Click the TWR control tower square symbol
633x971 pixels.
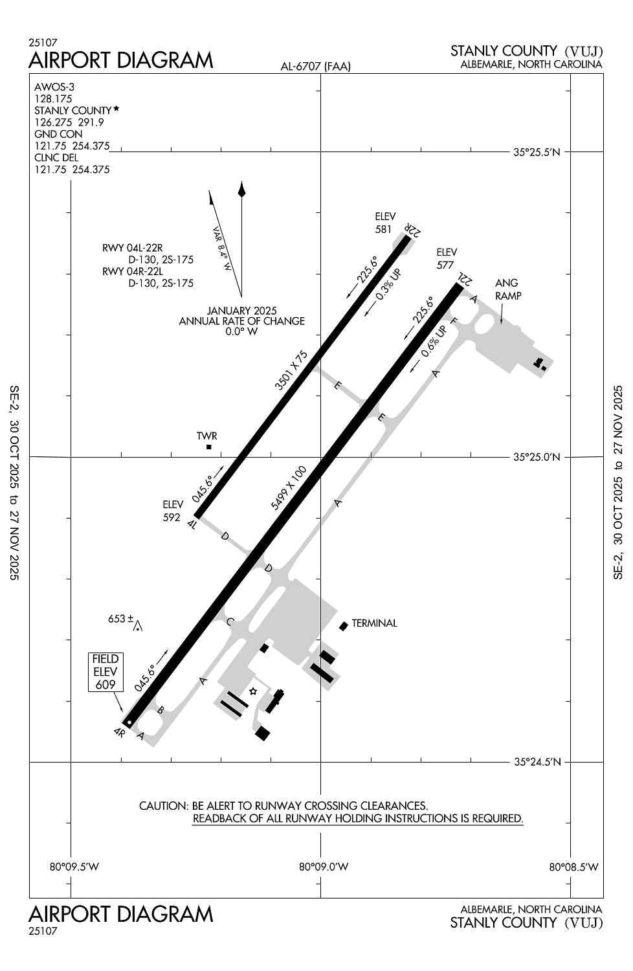(x=208, y=447)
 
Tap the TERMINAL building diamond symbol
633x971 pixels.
(x=344, y=625)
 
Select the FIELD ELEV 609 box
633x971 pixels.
(x=105, y=672)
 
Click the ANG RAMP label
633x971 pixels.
(x=507, y=289)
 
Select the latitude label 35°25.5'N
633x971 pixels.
(x=537, y=153)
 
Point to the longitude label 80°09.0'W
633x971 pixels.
(x=324, y=867)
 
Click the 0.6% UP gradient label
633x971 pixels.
(x=433, y=342)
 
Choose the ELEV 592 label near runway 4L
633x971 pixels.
(x=172, y=510)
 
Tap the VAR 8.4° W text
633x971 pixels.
(x=222, y=248)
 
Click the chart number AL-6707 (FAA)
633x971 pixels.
(x=315, y=66)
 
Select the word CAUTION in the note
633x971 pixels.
(x=162, y=806)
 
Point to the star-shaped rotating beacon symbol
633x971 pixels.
(x=253, y=692)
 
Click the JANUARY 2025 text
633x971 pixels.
(x=241, y=310)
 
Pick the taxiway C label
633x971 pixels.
(x=230, y=622)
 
